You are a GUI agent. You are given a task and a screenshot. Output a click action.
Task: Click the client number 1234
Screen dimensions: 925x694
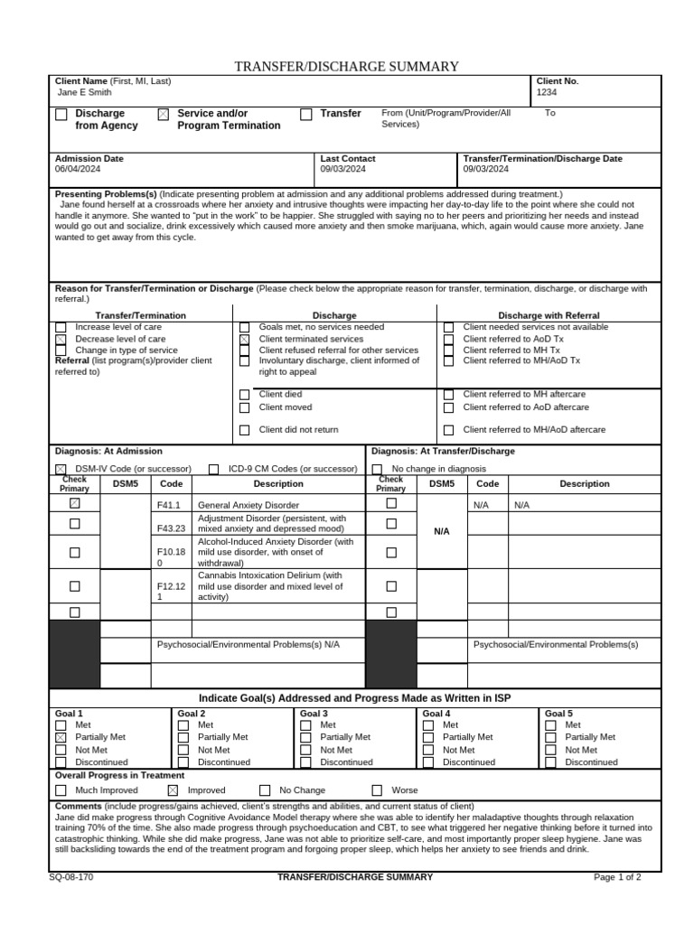(547, 92)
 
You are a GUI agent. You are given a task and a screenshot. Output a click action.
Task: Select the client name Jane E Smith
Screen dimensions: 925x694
(85, 92)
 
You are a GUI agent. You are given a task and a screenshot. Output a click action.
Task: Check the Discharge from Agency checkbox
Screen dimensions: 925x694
(61, 115)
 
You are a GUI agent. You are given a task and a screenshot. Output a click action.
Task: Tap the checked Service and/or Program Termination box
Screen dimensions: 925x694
(163, 115)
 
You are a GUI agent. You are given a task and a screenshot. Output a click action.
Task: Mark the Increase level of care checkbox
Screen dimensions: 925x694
(61, 328)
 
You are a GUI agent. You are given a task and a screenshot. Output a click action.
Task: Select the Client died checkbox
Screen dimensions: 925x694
(244, 395)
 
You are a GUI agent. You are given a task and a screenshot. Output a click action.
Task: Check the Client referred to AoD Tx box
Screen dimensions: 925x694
(448, 340)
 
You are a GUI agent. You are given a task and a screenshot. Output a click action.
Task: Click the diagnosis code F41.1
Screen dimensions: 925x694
(169, 506)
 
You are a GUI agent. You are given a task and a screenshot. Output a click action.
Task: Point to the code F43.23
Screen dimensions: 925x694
(171, 528)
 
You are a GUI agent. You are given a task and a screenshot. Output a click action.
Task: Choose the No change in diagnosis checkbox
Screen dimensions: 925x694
(377, 469)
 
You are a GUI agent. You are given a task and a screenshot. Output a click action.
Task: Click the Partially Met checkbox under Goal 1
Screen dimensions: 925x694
(61, 738)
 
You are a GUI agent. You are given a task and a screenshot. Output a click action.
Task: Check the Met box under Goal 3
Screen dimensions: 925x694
(306, 725)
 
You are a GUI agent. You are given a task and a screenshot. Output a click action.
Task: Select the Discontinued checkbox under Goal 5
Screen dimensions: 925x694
(551, 762)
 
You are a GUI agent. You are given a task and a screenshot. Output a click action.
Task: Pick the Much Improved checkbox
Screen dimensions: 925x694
(61, 790)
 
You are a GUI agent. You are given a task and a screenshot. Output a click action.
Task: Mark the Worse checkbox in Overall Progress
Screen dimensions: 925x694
(377, 790)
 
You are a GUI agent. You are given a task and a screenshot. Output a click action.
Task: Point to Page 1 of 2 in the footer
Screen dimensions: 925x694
(617, 877)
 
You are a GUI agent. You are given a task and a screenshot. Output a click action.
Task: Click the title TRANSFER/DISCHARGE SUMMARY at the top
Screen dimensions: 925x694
(347, 67)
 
